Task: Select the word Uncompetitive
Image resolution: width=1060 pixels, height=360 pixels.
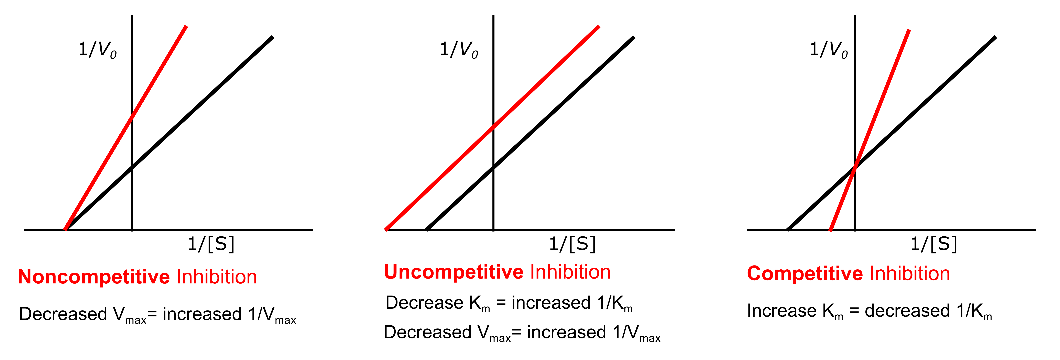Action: coord(453,272)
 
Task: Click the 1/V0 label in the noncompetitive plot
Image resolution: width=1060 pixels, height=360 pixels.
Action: coord(98,49)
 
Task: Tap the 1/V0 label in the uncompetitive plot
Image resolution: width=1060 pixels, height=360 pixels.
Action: coord(459,49)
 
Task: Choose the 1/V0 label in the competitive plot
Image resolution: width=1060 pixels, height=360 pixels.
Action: coord(828,49)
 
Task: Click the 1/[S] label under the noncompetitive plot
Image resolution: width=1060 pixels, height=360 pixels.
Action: coord(211,244)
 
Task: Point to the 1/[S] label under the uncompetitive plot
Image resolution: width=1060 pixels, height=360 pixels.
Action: coord(572,244)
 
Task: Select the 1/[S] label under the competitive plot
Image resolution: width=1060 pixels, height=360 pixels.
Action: coord(934,244)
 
